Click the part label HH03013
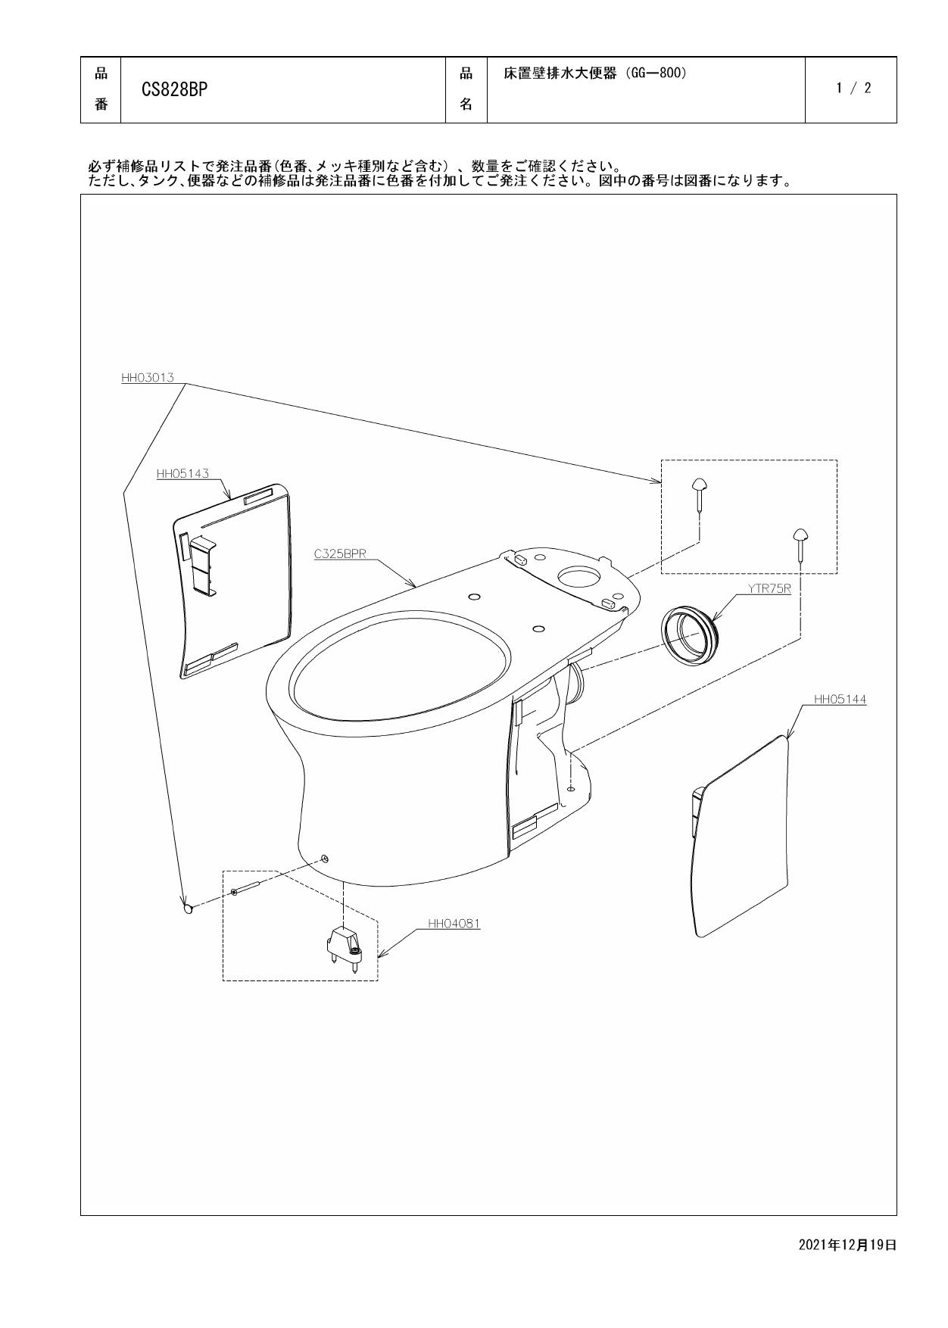[x=148, y=377]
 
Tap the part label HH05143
[x=182, y=474]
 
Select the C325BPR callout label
[x=340, y=553]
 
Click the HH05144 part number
[x=840, y=700]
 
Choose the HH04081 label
[x=454, y=923]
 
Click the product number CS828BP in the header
[x=175, y=89]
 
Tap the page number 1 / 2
[x=853, y=88]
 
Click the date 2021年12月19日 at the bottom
[x=847, y=1245]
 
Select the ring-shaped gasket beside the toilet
[x=688, y=634]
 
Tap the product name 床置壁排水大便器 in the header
[x=560, y=73]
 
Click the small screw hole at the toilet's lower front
[x=324, y=859]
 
